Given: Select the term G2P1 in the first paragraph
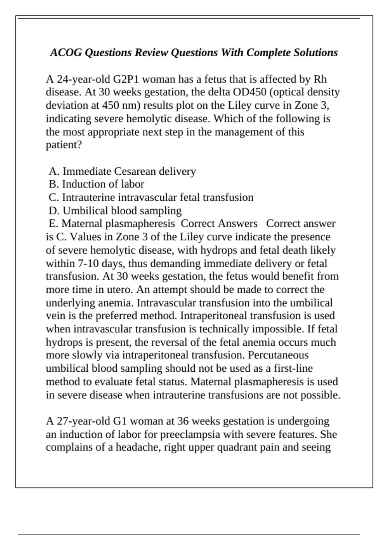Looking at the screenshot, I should pos(126,79).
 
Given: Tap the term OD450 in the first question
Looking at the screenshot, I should pos(249,92).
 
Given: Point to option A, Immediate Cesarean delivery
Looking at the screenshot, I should pos(123,171).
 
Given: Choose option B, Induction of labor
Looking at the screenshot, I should pos(97,184).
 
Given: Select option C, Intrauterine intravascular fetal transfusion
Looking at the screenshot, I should pos(151,197).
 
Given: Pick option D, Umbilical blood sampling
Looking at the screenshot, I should pos(115,211).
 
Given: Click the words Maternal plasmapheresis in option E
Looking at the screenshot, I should pos(118,223).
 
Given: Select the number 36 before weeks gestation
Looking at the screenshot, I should pos(183,421).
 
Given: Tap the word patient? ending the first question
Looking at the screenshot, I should pos(64,145).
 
